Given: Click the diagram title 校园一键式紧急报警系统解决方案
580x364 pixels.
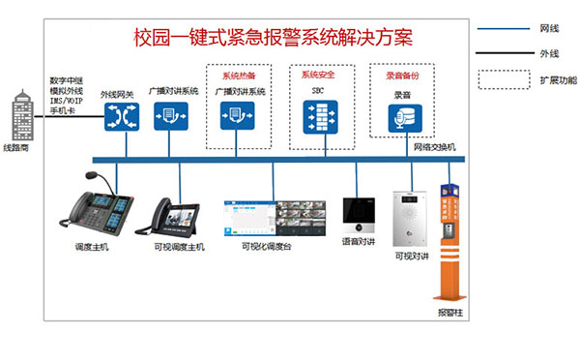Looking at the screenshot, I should (273, 40).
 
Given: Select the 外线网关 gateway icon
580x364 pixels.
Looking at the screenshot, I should (124, 117).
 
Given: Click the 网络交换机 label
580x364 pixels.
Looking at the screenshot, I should (434, 146).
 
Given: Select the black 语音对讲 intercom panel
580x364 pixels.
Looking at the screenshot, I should (358, 214).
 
